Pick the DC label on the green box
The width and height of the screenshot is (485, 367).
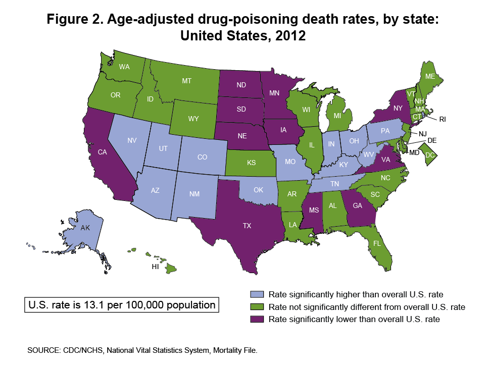click(x=430, y=155)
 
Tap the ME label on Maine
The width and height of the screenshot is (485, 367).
click(x=430, y=76)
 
